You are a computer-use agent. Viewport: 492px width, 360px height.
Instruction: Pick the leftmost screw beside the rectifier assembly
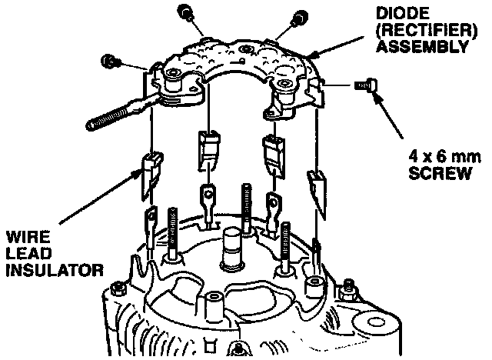click(111, 58)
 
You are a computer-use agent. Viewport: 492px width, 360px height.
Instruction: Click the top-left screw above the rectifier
click(184, 11)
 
